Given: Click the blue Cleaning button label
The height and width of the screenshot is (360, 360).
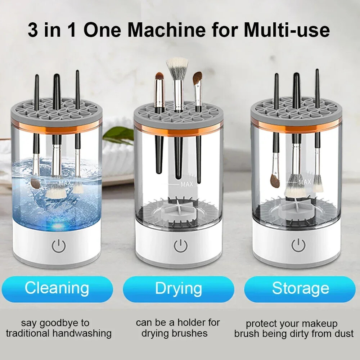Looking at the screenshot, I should (57, 288).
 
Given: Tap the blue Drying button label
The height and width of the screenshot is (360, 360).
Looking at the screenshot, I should (178, 289).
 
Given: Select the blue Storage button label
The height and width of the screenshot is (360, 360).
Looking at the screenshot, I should (300, 289).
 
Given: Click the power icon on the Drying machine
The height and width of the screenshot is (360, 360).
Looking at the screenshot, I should (180, 246).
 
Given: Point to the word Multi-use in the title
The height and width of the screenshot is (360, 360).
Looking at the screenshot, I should (287, 30).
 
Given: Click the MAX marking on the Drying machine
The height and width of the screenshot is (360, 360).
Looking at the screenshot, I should (187, 184).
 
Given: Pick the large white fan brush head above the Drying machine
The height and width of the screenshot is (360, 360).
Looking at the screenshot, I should (177, 65).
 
